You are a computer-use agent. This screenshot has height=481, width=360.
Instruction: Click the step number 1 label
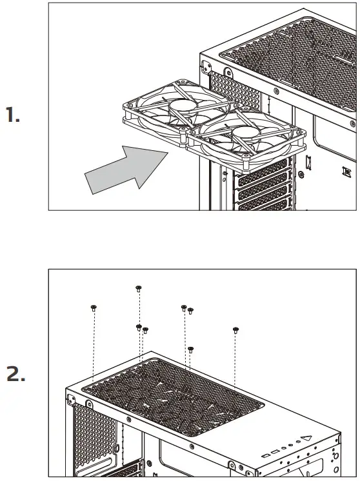[13, 116]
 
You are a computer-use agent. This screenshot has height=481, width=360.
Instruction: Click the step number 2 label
[15, 374]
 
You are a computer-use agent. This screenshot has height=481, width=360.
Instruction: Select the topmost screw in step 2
[138, 288]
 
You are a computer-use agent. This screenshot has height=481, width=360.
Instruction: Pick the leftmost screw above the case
[94, 308]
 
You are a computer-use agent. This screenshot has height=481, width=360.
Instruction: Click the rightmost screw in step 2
[235, 329]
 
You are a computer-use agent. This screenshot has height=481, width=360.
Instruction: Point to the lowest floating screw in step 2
[190, 349]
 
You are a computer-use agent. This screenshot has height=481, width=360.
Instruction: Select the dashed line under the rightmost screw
[235, 361]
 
